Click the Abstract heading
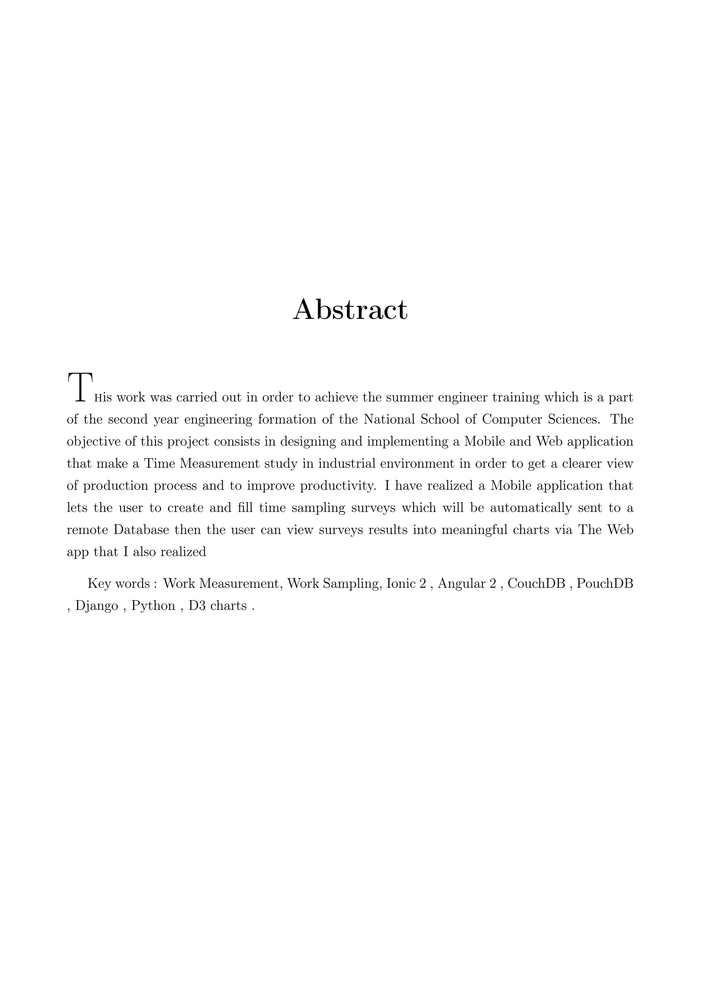click(x=350, y=310)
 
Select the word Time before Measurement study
click(x=159, y=464)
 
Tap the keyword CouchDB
click(x=536, y=584)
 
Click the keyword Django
click(x=97, y=606)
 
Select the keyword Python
click(x=153, y=606)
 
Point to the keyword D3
click(x=197, y=606)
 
